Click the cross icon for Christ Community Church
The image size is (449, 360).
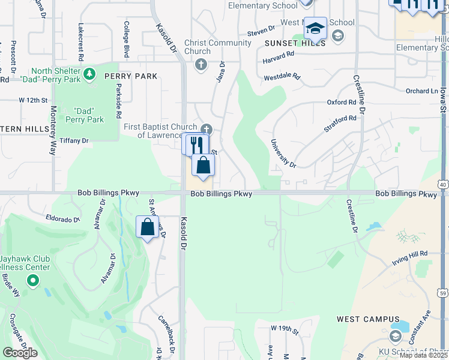pyautogui.click(x=200, y=64)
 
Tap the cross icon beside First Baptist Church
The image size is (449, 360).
pyautogui.click(x=206, y=129)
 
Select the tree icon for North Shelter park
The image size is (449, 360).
pyautogui.click(x=89, y=74)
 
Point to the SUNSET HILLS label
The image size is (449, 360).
pyautogui.click(x=297, y=43)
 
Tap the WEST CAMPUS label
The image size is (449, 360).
pyautogui.click(x=368, y=319)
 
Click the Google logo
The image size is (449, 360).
pyautogui.click(x=20, y=352)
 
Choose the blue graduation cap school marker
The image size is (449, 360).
pyautogui.click(x=315, y=28)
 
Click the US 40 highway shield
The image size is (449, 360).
pyautogui.click(x=444, y=184)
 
